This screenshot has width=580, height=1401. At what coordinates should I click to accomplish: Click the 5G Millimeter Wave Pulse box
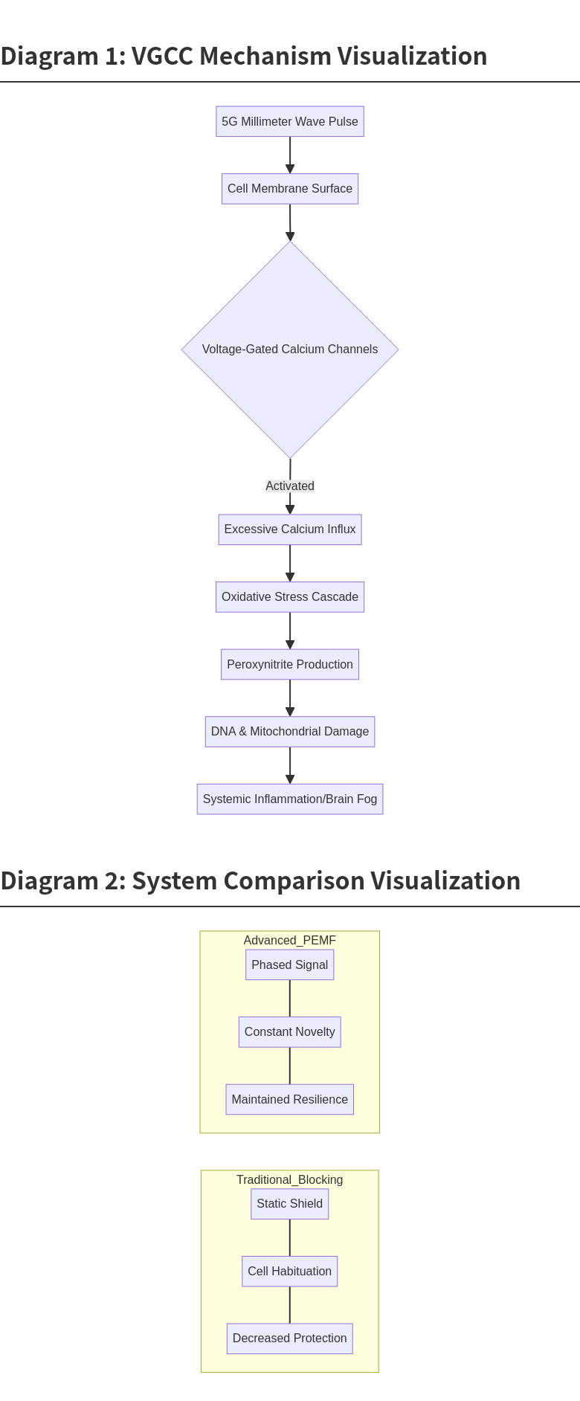coord(290,121)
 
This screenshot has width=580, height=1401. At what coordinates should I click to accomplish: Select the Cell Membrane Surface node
coord(290,189)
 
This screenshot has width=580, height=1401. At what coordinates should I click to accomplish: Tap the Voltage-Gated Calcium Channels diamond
coord(290,349)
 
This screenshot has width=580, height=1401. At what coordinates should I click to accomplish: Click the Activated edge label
coord(290,486)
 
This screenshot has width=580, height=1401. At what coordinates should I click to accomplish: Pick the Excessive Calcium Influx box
coord(290,529)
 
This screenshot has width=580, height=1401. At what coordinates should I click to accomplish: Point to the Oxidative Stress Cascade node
coord(290,597)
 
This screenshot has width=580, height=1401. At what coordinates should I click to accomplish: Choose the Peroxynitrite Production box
coord(290,664)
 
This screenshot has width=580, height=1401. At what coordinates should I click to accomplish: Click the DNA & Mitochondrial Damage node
coord(290,732)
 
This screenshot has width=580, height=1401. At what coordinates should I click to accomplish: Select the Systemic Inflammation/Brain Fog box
coord(290,799)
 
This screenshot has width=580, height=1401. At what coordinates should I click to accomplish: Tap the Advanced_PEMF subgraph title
coord(290,940)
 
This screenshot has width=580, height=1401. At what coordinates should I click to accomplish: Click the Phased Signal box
coord(290,964)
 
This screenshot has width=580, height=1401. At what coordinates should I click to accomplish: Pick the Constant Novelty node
coord(290,1032)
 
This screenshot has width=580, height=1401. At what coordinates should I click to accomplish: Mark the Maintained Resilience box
coord(290,1099)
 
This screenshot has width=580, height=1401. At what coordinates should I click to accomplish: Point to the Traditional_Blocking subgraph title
coord(290,1179)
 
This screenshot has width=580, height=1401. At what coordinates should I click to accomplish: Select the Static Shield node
coord(290,1204)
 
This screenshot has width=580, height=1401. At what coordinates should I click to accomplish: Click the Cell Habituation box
coord(290,1272)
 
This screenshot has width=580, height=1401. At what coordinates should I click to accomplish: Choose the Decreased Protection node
coord(290,1339)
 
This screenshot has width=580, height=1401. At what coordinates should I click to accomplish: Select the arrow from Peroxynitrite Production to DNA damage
coord(290,698)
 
